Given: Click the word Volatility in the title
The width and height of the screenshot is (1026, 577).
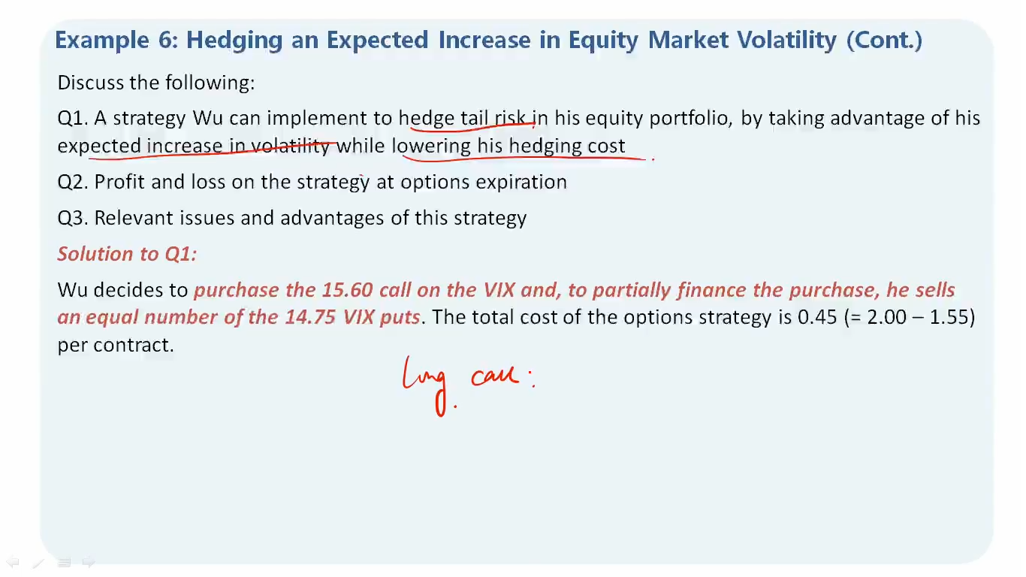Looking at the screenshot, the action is [x=787, y=40].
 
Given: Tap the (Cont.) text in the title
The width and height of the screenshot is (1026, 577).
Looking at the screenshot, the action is [x=884, y=41].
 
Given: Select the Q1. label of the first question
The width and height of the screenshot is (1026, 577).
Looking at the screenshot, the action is [x=72, y=118].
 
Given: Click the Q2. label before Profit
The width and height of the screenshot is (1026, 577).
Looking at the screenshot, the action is [x=72, y=182].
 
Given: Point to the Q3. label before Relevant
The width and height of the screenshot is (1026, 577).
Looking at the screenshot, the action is [x=72, y=218].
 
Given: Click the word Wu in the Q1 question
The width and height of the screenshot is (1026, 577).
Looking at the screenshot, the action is [x=207, y=118].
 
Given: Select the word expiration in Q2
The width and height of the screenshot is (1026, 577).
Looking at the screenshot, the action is [x=521, y=183].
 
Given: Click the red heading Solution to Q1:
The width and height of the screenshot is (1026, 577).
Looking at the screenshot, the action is [x=127, y=253].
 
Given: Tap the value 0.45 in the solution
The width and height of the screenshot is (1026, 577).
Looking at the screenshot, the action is [x=817, y=317].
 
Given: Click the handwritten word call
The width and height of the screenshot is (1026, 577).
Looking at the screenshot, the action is [x=495, y=376].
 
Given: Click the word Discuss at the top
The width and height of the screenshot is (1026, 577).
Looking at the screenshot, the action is [x=91, y=83].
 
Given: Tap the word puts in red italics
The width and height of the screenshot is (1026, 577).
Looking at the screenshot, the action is [x=400, y=318].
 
